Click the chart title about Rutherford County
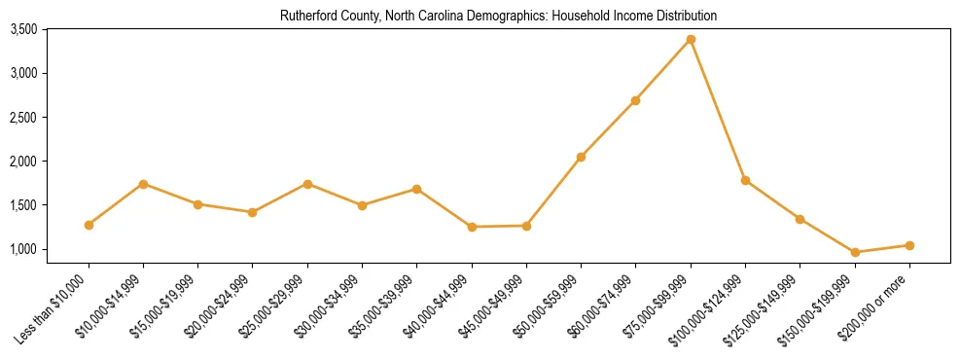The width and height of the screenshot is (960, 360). pyautogui.click(x=498, y=17)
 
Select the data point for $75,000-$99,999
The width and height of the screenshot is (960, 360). pyautogui.click(x=691, y=39)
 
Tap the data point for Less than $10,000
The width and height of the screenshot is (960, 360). pyautogui.click(x=89, y=225)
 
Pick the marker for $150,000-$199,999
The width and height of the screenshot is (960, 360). pyautogui.click(x=855, y=252)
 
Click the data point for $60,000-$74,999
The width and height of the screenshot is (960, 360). pyautogui.click(x=636, y=100)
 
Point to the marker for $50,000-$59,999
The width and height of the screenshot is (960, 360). pyautogui.click(x=581, y=157)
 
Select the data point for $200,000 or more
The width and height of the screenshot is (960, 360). pyautogui.click(x=909, y=245)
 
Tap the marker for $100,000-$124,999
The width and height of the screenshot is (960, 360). pyautogui.click(x=745, y=180)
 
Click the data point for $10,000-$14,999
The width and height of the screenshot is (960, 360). pyautogui.click(x=143, y=184)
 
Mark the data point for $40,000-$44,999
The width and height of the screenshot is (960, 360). pyautogui.click(x=472, y=227)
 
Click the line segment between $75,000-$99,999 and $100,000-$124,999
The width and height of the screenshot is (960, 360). pyautogui.click(x=718, y=109)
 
